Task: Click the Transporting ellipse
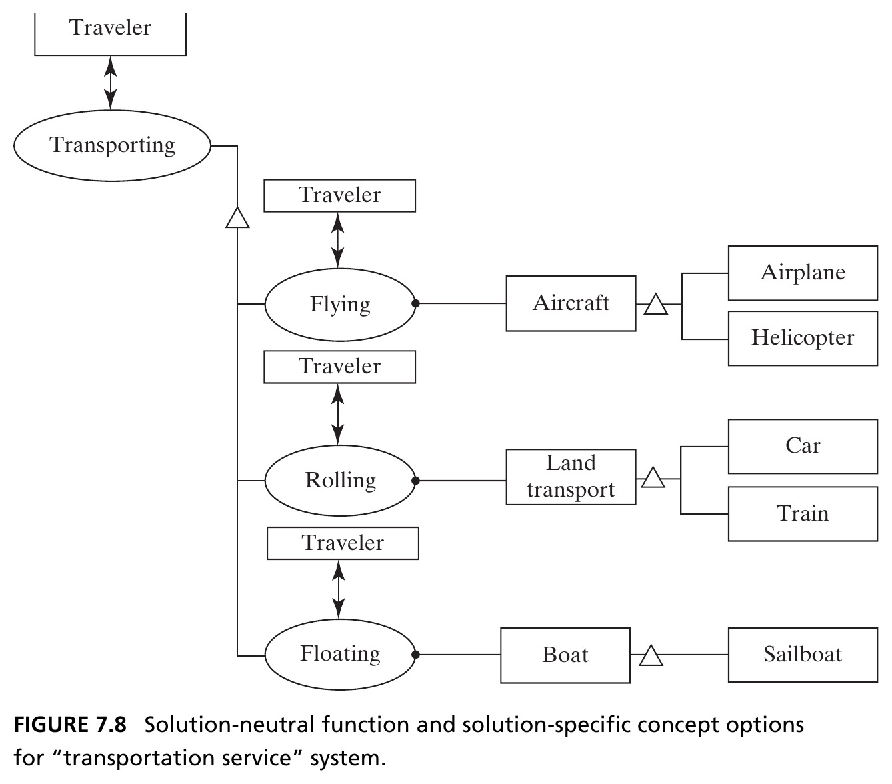point(112,146)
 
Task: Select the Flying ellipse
point(340,304)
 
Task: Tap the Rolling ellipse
point(340,480)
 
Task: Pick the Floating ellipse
point(340,654)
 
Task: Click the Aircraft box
point(571,303)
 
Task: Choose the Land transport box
point(571,477)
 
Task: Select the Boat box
point(565,655)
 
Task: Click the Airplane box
point(803,273)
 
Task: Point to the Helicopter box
point(803,338)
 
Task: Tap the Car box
point(803,447)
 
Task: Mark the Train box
point(803,514)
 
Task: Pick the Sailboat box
point(803,655)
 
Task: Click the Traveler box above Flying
point(339,195)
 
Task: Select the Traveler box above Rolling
point(339,367)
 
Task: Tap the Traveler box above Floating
point(343,543)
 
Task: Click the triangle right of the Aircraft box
point(655,305)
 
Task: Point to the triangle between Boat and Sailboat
point(651,656)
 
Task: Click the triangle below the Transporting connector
point(237,219)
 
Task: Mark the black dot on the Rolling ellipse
point(415,481)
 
